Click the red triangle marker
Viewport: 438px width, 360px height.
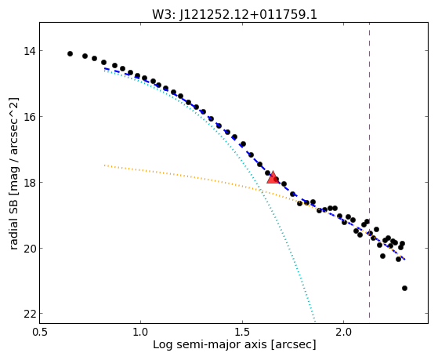(x=273, y=177)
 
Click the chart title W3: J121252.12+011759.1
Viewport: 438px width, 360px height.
(x=234, y=14)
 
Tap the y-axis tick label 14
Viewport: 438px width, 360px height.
(x=29, y=51)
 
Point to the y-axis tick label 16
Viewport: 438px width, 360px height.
(x=29, y=117)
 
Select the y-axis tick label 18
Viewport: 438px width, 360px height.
(x=29, y=183)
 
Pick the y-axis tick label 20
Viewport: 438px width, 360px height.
(x=29, y=248)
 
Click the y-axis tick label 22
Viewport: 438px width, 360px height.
(x=29, y=315)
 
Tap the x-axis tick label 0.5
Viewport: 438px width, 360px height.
(x=39, y=332)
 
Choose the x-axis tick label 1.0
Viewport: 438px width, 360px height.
(x=141, y=332)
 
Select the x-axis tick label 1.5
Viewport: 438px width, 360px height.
(x=242, y=332)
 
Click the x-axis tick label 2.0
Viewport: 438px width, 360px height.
(x=344, y=332)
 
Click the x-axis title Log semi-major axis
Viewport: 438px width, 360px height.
(x=210, y=345)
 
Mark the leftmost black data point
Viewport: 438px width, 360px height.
(x=70, y=53)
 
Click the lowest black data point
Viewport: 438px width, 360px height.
(x=404, y=288)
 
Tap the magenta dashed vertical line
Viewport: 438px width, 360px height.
(x=370, y=170)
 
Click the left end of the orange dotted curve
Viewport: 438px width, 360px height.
(x=104, y=165)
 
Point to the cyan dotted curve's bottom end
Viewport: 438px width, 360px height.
(x=315, y=321)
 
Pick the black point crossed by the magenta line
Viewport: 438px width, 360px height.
(x=370, y=233)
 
